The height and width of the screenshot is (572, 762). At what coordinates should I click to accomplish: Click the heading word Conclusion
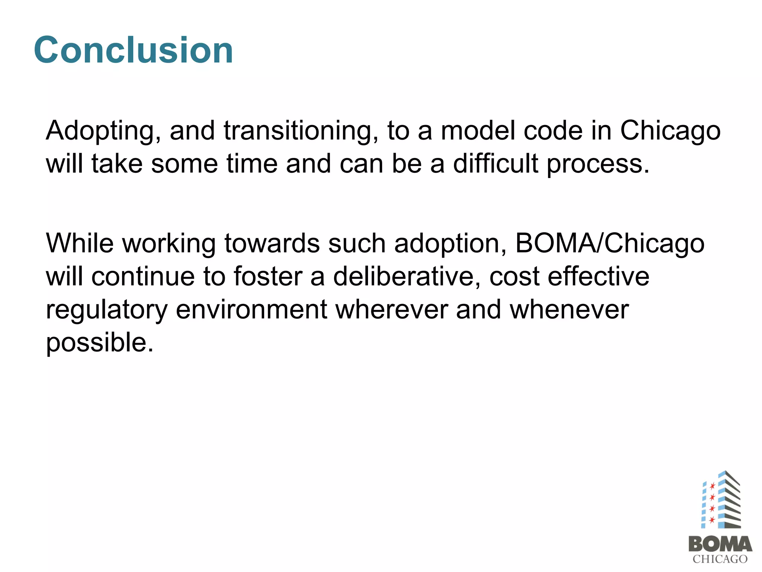coord(133,50)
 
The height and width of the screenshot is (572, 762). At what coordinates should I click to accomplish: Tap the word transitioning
coord(301,131)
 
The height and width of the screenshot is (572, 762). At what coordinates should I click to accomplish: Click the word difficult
coord(495,164)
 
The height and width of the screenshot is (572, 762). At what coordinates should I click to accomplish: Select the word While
coord(80,243)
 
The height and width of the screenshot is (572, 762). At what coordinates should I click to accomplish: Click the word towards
coord(272,244)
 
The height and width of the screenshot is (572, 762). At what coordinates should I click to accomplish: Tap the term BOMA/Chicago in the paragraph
coord(610,244)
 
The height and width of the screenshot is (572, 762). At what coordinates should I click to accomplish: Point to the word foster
coord(268,277)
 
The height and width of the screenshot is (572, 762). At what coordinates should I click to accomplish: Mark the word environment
coord(251,310)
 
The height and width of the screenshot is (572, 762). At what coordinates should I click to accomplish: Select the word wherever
coord(392,310)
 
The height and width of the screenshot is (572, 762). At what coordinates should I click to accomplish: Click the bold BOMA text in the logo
coord(720,544)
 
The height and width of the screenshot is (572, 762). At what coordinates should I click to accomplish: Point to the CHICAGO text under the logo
coord(720,559)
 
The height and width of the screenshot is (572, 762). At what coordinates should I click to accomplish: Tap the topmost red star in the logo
coord(712,486)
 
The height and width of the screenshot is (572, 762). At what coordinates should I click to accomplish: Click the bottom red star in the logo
coord(712,520)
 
